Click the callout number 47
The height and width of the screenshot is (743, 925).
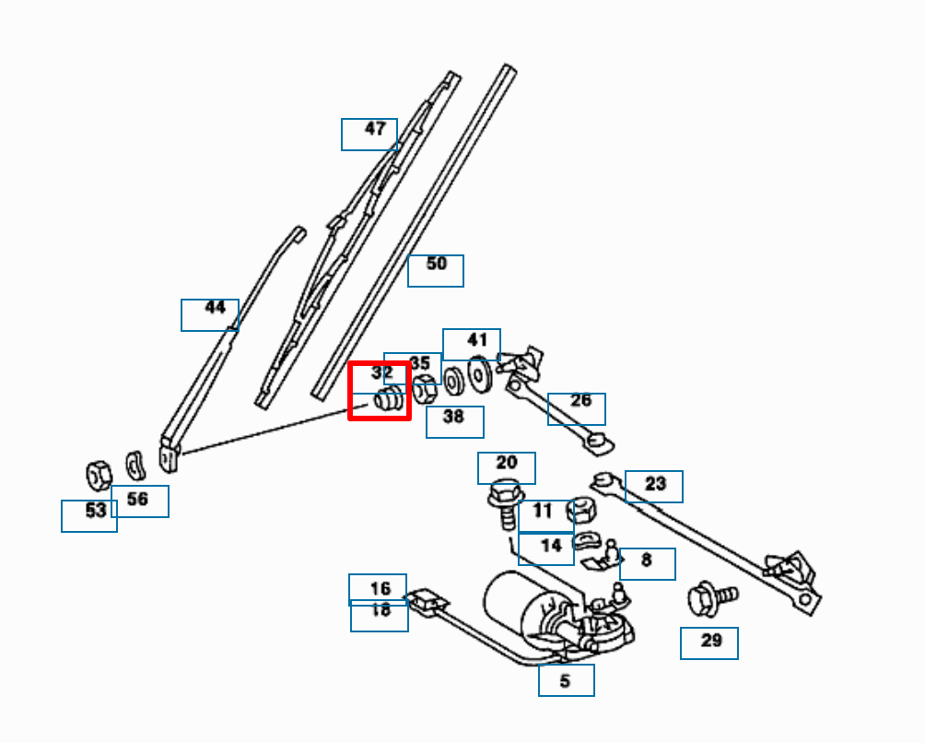[x=374, y=129]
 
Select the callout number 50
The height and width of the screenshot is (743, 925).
[x=436, y=265]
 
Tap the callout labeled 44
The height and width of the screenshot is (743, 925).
[x=215, y=308]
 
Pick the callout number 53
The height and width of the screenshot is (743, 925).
[x=95, y=511]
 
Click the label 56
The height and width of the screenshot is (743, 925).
[x=137, y=500]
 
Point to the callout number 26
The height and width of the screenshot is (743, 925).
[x=580, y=401]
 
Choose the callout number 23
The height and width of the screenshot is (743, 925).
[x=655, y=484]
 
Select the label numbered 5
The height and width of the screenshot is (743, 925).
[x=565, y=681]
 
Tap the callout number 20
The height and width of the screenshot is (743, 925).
[x=507, y=463]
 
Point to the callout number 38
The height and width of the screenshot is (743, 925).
[x=453, y=417]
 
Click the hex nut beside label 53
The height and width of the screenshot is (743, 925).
[x=98, y=475]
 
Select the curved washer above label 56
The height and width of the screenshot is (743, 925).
[x=135, y=466]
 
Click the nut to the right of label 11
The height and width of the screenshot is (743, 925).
[x=583, y=511]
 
